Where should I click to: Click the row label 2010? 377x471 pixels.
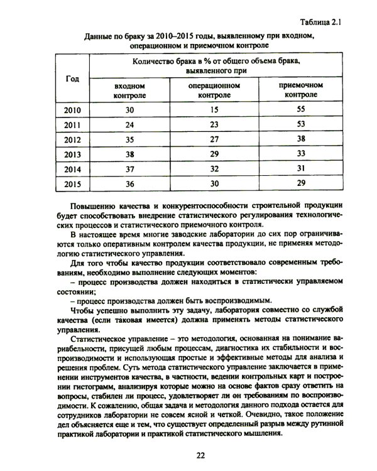click(x=72, y=110)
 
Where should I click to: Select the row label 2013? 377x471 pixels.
click(x=72, y=154)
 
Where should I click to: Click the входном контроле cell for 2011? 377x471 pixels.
click(x=130, y=124)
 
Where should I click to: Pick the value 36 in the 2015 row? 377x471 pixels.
click(x=130, y=183)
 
